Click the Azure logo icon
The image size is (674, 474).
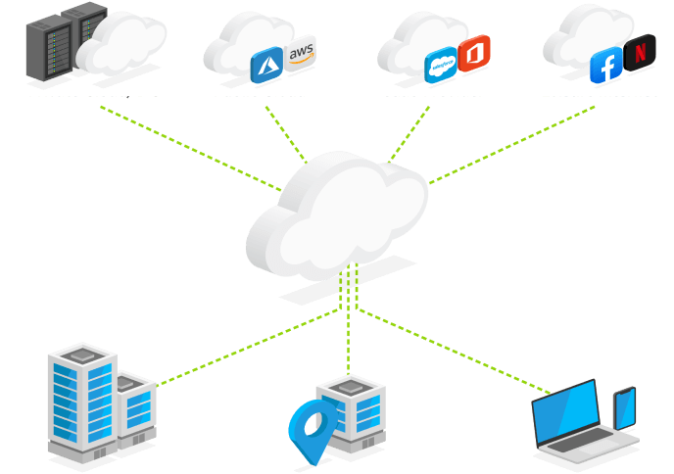[x=266, y=67]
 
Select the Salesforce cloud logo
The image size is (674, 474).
[x=441, y=66]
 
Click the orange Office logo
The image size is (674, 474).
[x=474, y=51]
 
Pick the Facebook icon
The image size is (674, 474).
[x=606, y=68]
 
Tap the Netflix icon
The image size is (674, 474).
[x=640, y=50]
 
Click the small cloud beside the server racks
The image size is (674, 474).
[x=121, y=44]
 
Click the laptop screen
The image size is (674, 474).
[x=566, y=409]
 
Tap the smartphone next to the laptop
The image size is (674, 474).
[x=625, y=406]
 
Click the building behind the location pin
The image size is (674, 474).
[x=353, y=411]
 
